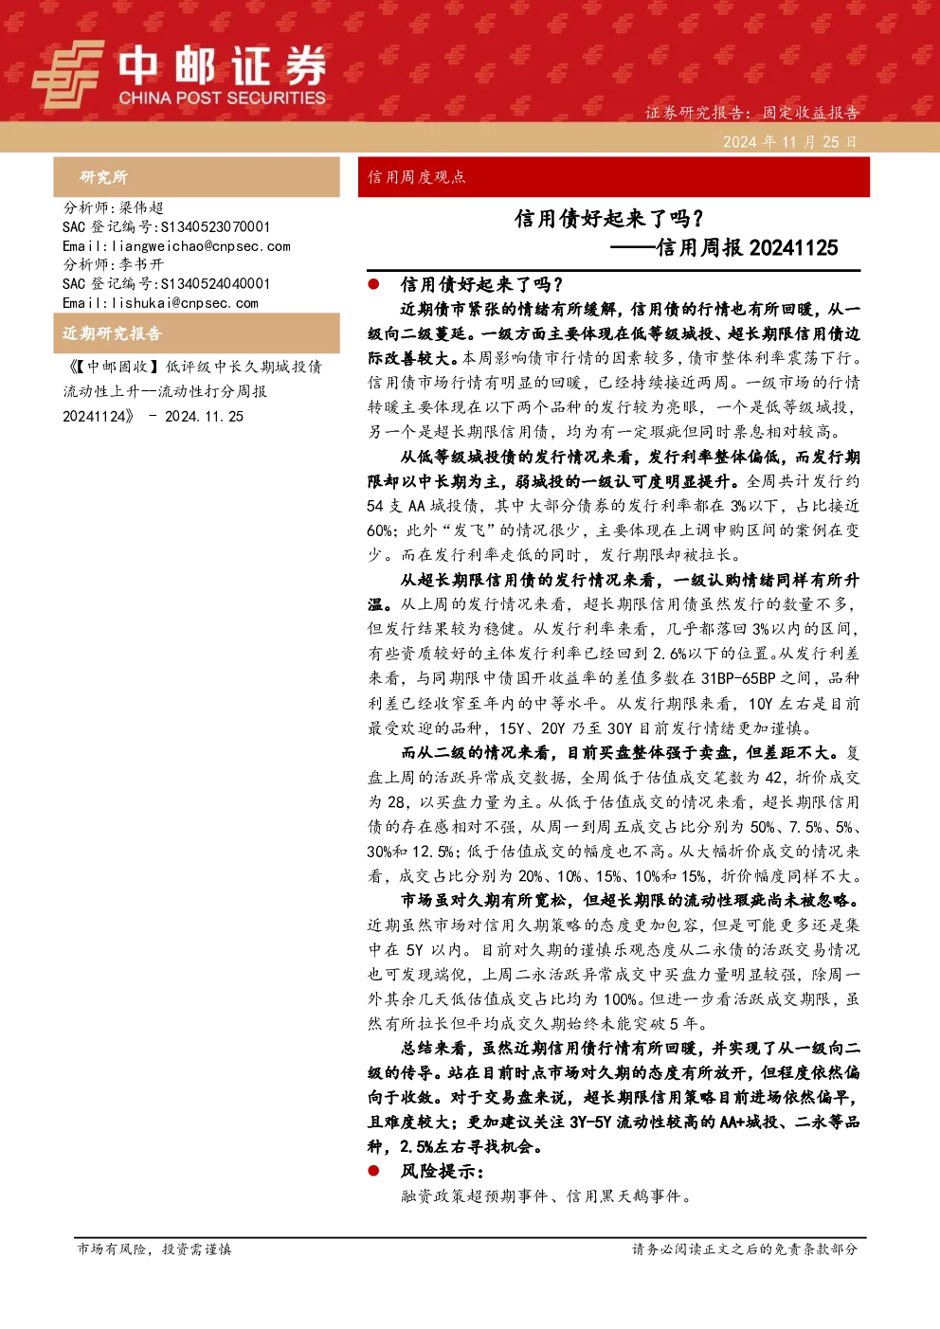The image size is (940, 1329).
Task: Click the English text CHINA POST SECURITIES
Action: tap(222, 98)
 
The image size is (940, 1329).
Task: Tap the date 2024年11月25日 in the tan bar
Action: tap(790, 142)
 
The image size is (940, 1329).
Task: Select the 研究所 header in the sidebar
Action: tap(104, 177)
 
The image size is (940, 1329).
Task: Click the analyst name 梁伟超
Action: tap(141, 207)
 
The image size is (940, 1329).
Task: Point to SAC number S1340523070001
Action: tap(215, 226)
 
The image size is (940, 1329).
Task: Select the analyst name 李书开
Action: tap(141, 264)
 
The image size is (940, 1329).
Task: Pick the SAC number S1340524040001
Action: tap(215, 283)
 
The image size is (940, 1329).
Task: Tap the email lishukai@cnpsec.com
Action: tap(185, 303)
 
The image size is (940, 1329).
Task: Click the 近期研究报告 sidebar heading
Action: tap(112, 333)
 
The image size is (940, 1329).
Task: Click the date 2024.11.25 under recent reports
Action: tap(204, 417)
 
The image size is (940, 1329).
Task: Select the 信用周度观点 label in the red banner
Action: tap(417, 177)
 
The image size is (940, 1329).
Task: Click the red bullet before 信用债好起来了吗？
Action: tap(373, 284)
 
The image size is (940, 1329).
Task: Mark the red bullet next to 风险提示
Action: tap(373, 1171)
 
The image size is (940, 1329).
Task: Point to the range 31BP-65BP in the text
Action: tap(738, 678)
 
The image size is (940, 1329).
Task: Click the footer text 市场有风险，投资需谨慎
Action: tap(154, 1248)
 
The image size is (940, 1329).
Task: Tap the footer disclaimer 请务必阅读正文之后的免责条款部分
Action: tap(745, 1248)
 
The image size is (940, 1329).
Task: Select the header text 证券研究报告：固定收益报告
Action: tap(751, 112)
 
